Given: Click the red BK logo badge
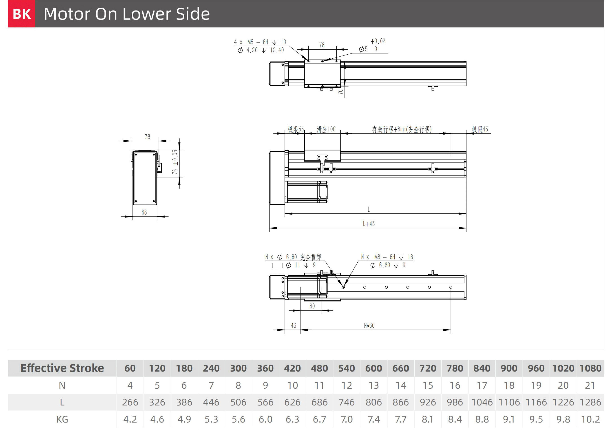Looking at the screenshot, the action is pos(22,14).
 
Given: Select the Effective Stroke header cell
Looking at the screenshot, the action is pos(62,368).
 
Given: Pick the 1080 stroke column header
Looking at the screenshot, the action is pos(590,368).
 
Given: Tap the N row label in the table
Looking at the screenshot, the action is pos(62,385).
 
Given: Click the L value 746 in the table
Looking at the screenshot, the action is pos(347,402).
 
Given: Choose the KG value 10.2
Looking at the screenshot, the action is pos(590,419).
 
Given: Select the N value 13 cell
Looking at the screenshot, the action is pos(374,385).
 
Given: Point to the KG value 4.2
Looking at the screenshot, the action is pos(130,419).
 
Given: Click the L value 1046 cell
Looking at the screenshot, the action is pos(482,402).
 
